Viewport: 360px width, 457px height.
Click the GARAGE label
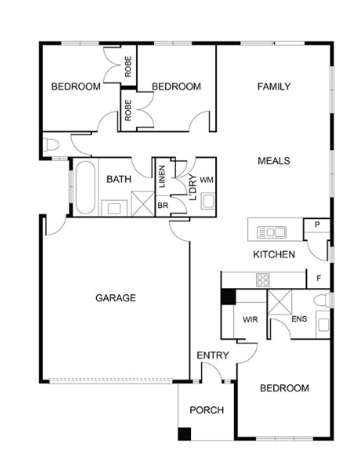tap(116, 298)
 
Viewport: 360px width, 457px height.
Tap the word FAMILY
tap(274, 87)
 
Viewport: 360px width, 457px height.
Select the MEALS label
tap(274, 161)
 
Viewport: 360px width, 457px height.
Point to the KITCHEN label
tap(274, 254)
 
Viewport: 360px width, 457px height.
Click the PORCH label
tap(207, 410)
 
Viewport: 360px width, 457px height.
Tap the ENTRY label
tap(213, 355)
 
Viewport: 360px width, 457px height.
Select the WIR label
tap(250, 319)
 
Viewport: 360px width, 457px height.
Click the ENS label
tap(299, 318)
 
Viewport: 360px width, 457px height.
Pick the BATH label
tap(119, 179)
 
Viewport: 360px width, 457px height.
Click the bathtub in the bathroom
tap(85, 187)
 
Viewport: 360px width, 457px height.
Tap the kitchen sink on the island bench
tap(272, 232)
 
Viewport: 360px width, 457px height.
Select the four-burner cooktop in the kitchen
tap(263, 280)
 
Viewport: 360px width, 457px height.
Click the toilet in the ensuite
tap(321, 300)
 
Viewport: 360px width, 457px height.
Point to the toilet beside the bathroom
tap(51, 145)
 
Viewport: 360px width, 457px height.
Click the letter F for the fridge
tap(319, 279)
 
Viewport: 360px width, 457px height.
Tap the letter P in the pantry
tap(318, 225)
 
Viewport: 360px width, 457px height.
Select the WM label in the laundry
tap(207, 180)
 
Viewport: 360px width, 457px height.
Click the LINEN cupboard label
tap(162, 176)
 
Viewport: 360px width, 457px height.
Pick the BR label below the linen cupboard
tap(163, 206)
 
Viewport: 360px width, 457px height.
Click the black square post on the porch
tap(184, 434)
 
